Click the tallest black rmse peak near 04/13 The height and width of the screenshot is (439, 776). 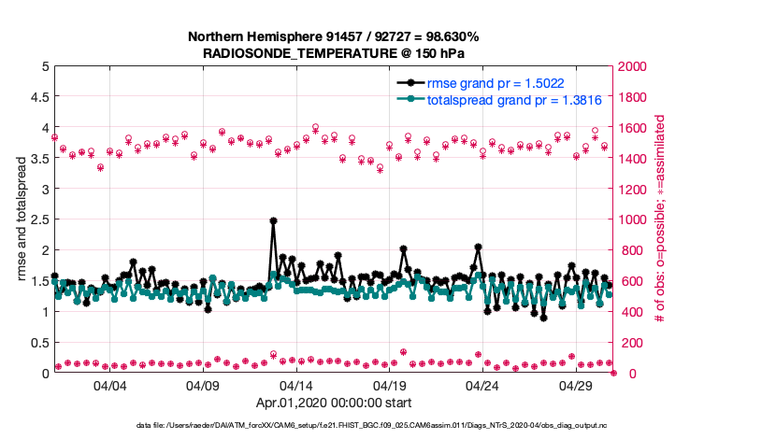(273, 221)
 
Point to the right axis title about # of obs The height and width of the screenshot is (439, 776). (660, 219)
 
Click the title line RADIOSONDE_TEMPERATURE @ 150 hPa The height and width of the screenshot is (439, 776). (335, 53)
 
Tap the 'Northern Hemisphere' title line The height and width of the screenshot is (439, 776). (335, 37)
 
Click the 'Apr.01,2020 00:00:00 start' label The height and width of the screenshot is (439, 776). (335, 404)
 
